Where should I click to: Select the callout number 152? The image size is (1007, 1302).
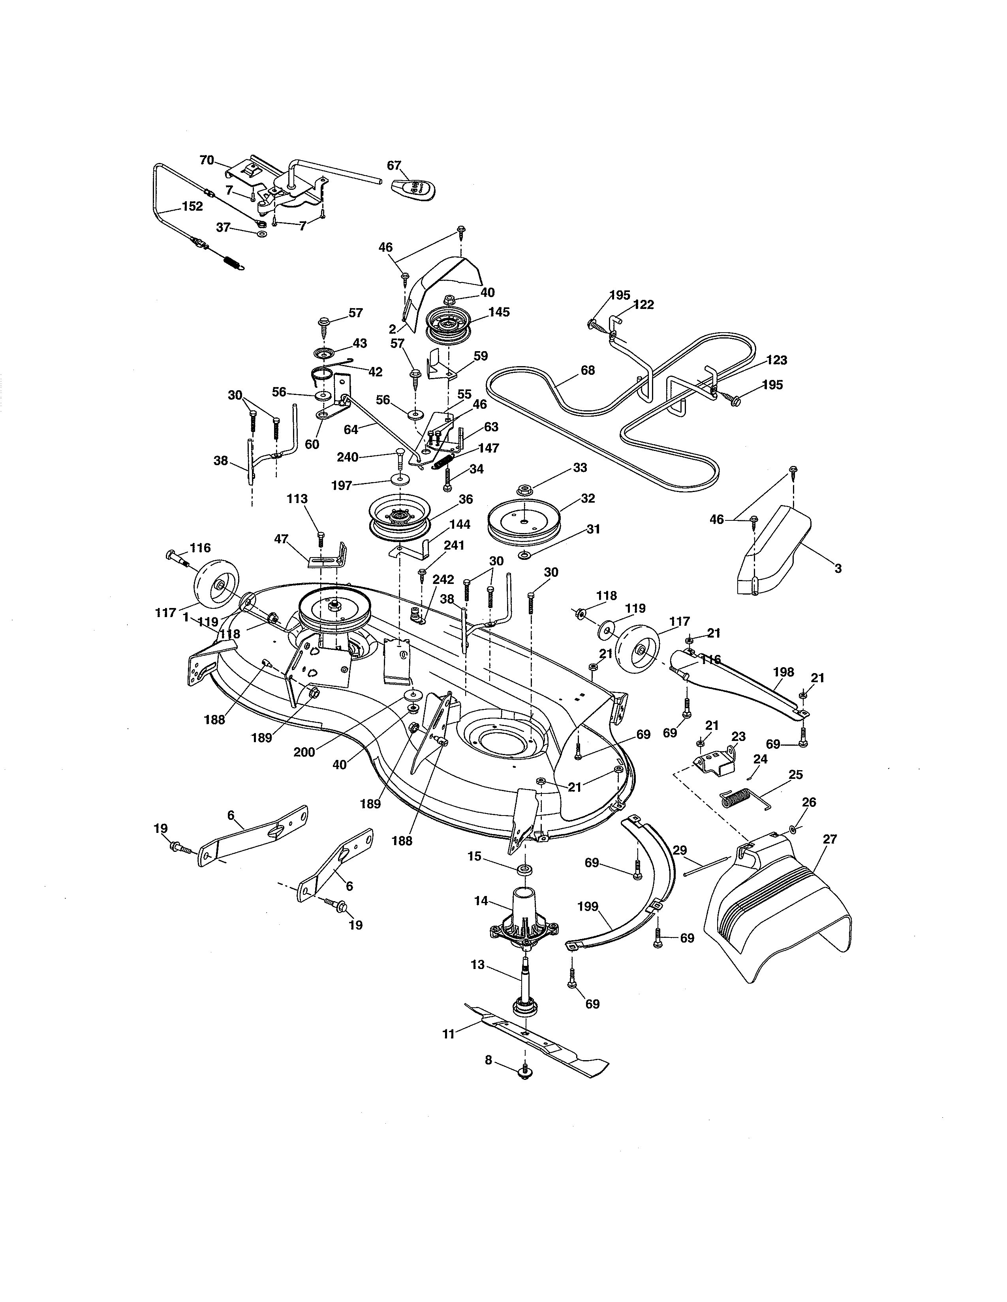[192, 206]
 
